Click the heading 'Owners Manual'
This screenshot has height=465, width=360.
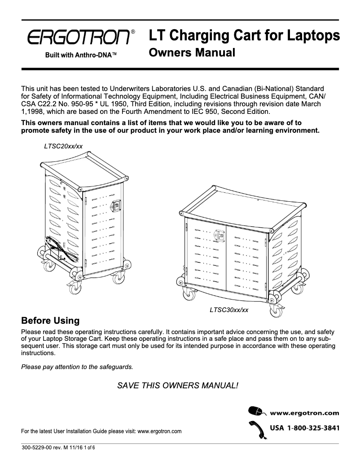click(x=192, y=53)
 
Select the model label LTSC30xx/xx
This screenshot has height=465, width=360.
click(x=229, y=309)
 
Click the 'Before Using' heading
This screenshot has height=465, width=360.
click(x=51, y=321)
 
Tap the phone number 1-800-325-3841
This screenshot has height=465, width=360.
click(x=311, y=428)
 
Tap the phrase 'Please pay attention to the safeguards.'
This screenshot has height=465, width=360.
click(x=77, y=367)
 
